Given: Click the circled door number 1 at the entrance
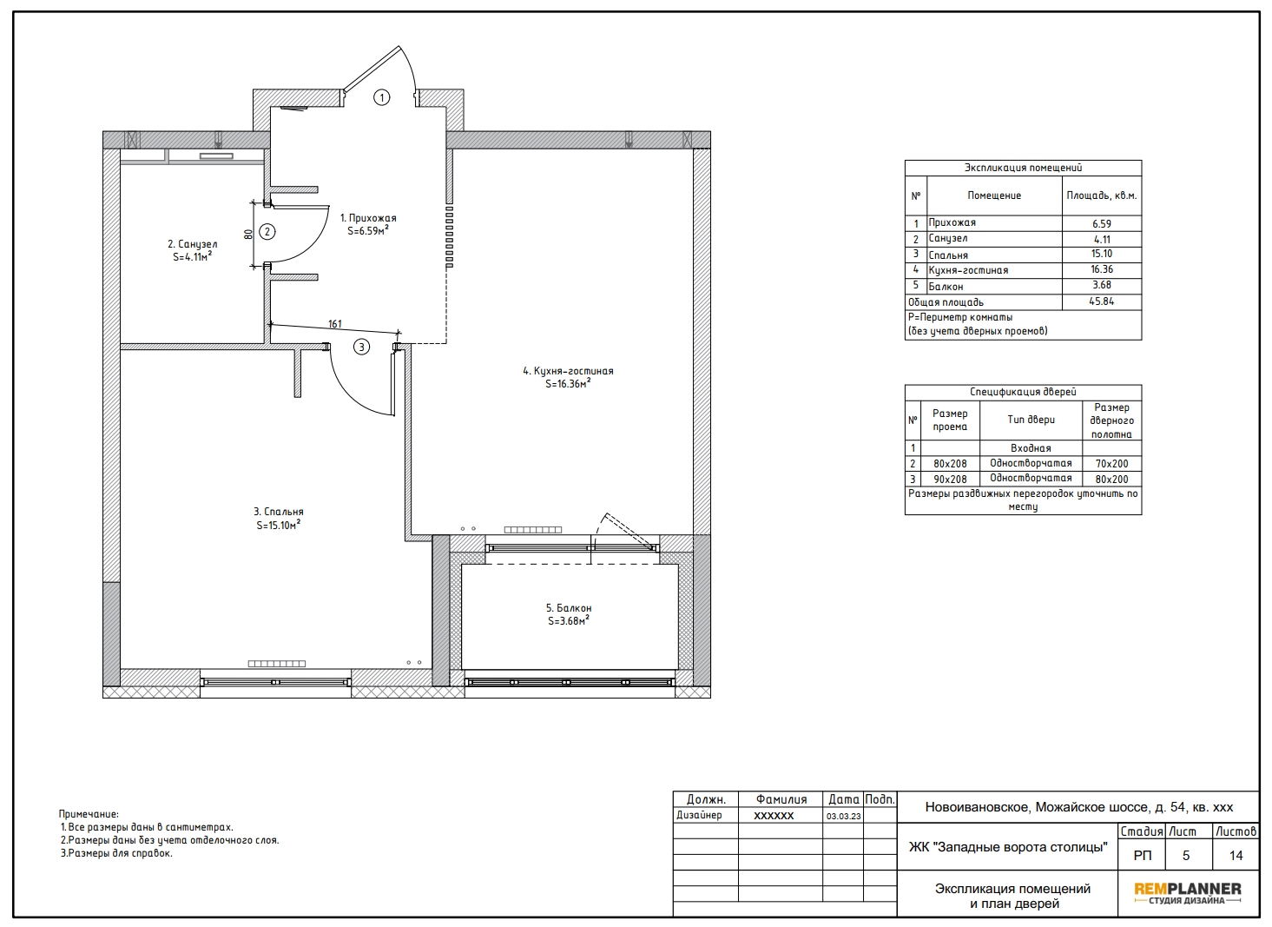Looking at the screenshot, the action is (x=382, y=98).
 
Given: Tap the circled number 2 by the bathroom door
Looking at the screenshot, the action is (x=267, y=232).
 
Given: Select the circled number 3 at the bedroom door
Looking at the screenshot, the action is (x=362, y=348).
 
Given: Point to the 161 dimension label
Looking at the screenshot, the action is (x=335, y=324).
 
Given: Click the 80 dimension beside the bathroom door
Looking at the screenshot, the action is (x=248, y=235).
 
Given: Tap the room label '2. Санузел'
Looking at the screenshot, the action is (x=193, y=244).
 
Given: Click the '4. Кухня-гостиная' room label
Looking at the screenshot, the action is (x=568, y=371).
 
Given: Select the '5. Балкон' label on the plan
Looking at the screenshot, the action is (x=569, y=608).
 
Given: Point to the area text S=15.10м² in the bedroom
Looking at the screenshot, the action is (x=278, y=525).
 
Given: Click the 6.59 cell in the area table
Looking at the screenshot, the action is (x=1102, y=224).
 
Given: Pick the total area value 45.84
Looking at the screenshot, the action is (x=1102, y=301).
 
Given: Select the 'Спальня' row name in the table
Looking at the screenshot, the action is (x=948, y=255).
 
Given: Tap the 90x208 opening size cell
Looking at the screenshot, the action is (x=950, y=479).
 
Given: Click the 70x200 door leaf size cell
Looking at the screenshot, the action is (x=1112, y=464).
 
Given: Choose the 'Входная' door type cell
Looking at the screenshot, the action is (x=1031, y=448).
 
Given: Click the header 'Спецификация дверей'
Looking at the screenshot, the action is (x=1023, y=392).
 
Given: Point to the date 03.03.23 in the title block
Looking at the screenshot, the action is (x=843, y=816).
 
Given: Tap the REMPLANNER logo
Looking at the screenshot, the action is (x=1188, y=892).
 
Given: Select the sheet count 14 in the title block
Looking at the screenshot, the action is (x=1236, y=856).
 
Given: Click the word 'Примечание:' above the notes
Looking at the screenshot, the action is (x=89, y=814).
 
